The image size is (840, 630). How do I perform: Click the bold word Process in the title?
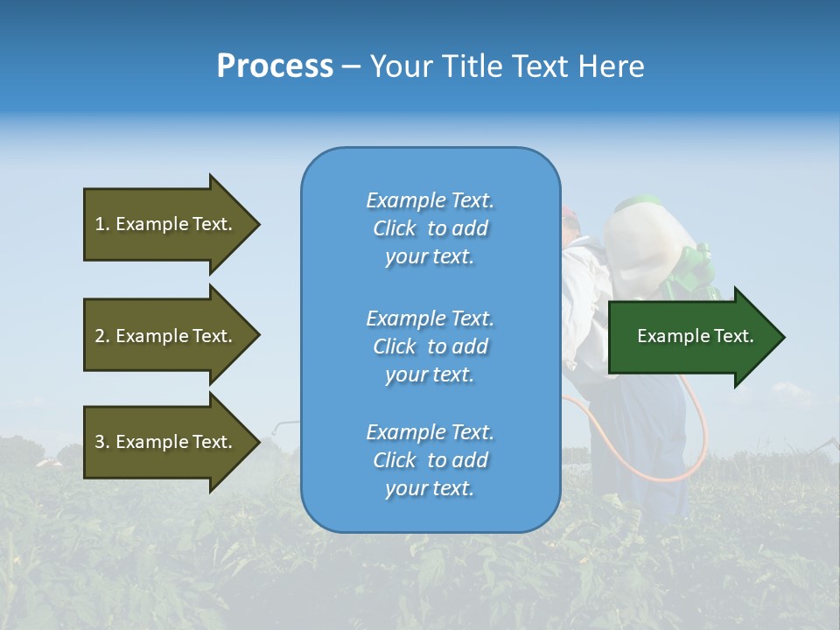(275, 66)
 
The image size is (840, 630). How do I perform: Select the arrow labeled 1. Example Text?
(164, 224)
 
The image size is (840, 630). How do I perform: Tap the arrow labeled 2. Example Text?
(164, 336)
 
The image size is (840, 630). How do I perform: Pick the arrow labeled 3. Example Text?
(164, 442)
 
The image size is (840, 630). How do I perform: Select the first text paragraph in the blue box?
(430, 228)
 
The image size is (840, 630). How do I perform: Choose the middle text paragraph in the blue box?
(430, 346)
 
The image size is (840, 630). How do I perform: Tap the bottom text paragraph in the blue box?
(430, 460)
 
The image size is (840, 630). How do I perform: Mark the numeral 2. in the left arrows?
(102, 336)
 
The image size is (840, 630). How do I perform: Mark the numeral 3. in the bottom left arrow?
(102, 442)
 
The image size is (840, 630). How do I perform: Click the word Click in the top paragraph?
(394, 228)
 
